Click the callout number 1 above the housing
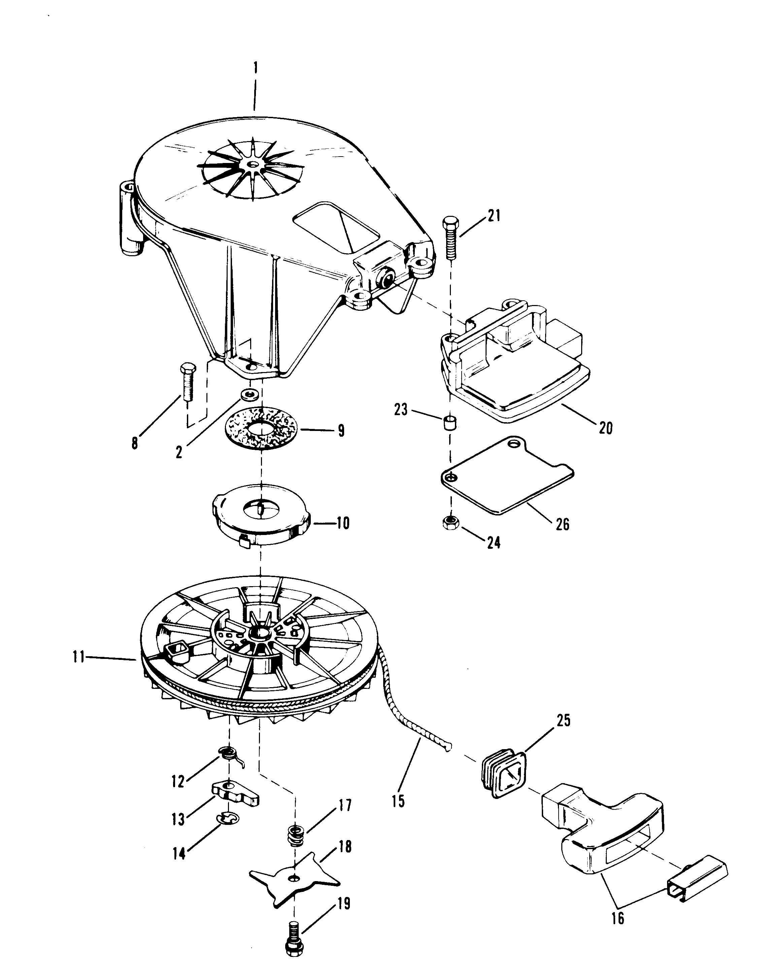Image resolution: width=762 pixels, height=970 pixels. [x=255, y=68]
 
